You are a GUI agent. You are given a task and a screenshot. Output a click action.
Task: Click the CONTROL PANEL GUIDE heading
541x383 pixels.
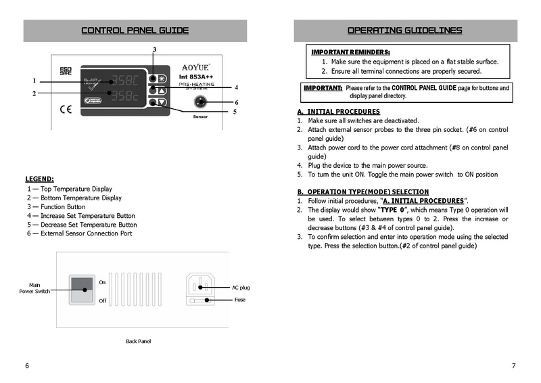coord(135,30)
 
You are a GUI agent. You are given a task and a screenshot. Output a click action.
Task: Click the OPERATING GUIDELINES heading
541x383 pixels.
coord(404,30)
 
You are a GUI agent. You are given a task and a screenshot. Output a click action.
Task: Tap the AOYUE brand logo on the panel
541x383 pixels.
coord(196,67)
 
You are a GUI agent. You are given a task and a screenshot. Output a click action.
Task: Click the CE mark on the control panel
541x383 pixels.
coord(66,107)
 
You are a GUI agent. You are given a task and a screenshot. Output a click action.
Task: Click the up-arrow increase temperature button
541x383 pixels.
coord(162,90)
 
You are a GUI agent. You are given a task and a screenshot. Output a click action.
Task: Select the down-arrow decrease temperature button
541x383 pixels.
coord(162,103)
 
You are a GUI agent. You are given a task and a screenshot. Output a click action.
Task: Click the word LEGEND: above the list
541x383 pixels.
coord(39,179)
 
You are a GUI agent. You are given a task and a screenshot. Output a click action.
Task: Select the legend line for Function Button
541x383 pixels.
coord(56,207)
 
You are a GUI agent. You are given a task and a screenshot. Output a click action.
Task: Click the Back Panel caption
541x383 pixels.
coord(139,341)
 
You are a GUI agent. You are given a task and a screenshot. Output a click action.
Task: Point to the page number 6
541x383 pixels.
coord(27,366)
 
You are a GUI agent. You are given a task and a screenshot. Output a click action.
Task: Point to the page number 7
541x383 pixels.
coord(513,366)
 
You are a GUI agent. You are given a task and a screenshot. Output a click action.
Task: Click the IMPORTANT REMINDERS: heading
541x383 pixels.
coord(350,52)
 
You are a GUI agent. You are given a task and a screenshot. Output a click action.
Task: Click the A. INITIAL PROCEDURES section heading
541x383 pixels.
coord(338,112)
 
